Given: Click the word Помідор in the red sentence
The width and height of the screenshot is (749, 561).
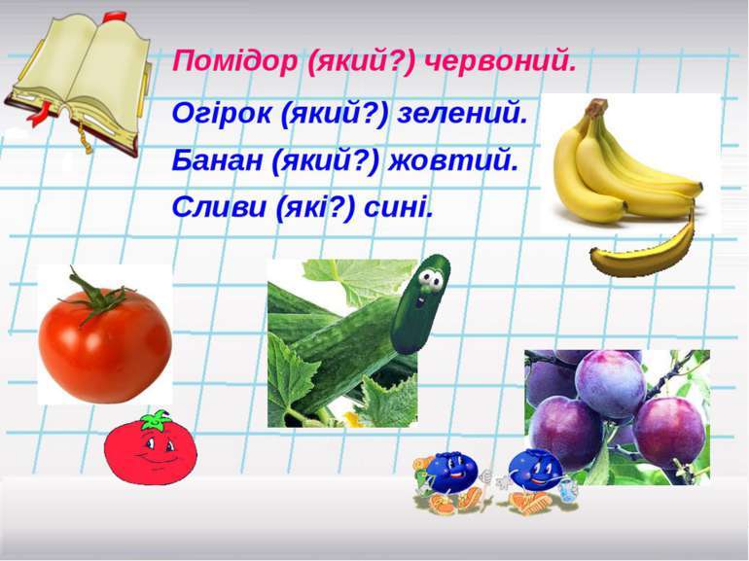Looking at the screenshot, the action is [x=234, y=61].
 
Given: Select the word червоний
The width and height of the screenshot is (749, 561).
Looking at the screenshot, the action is [x=500, y=61].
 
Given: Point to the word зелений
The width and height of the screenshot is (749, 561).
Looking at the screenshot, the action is [x=462, y=113].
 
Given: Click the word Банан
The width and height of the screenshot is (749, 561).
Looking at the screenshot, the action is [x=217, y=160].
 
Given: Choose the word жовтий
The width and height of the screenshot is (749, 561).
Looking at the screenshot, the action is [x=453, y=160].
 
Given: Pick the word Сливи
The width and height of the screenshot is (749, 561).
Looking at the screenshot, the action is [x=219, y=206].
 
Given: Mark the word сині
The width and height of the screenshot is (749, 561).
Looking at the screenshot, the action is [x=398, y=206].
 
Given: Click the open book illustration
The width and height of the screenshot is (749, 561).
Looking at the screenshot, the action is [x=79, y=84].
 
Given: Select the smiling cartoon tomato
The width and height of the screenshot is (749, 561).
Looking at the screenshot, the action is [x=151, y=447].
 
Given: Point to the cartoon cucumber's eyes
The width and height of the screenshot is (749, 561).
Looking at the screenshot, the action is [x=431, y=280].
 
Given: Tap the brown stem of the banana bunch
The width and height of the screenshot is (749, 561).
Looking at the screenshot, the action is [x=597, y=107].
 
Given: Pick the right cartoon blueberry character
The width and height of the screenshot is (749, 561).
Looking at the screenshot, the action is [x=536, y=482].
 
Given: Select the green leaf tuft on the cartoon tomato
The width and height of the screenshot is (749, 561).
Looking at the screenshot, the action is [x=157, y=420].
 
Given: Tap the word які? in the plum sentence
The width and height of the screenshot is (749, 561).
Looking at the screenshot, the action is [x=315, y=207].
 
